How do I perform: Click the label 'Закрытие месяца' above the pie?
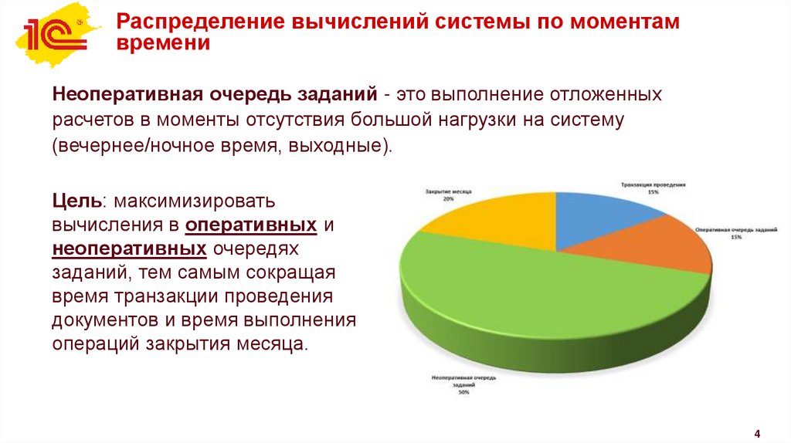[449, 190]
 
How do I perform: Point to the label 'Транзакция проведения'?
[654, 184]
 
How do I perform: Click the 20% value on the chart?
[448, 198]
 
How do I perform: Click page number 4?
[757, 431]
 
